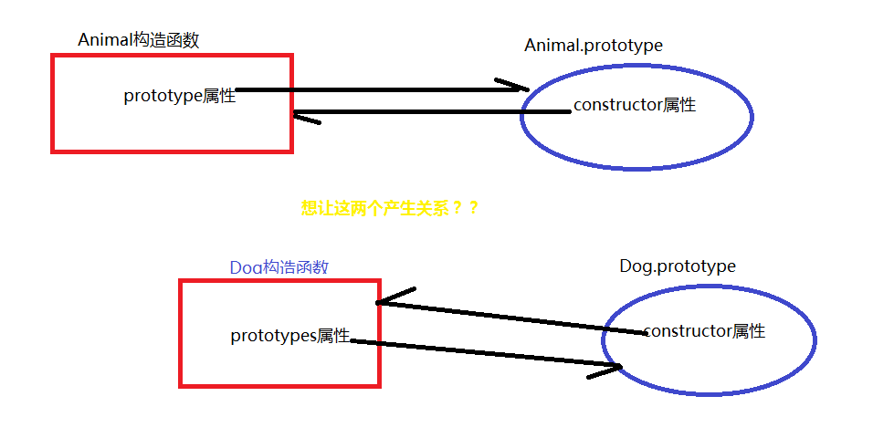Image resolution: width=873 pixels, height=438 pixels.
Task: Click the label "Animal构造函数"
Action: pyautogui.click(x=138, y=40)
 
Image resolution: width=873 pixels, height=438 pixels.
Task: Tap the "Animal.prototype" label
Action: pyautogui.click(x=593, y=46)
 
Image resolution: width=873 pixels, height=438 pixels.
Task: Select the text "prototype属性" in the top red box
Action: pyautogui.click(x=179, y=96)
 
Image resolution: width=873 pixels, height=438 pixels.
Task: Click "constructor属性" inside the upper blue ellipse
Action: pyautogui.click(x=634, y=105)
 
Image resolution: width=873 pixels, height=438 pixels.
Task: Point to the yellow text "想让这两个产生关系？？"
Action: pyautogui.click(x=390, y=208)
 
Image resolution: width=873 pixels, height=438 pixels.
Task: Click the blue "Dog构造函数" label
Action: pyautogui.click(x=279, y=267)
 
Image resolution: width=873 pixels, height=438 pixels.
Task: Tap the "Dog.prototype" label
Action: pyautogui.click(x=677, y=266)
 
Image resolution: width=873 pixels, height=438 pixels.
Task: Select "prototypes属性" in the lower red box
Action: pyautogui.click(x=289, y=336)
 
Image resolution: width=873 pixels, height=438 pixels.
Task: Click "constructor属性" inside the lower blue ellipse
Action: pyautogui.click(x=703, y=331)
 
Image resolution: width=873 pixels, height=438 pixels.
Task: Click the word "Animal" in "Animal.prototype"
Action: pyautogui.click(x=546, y=46)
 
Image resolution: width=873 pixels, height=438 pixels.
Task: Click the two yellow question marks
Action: pyautogui.click(x=465, y=208)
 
